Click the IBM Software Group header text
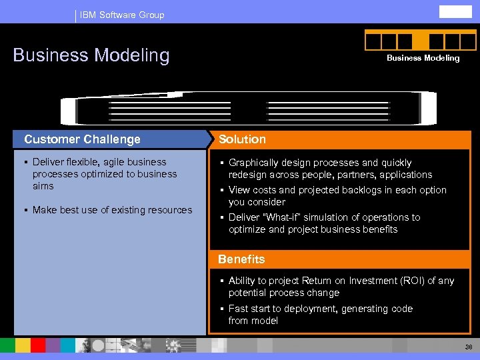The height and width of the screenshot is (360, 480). [121, 15]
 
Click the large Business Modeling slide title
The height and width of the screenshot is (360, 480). [91, 55]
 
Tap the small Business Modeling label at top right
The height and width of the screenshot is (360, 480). [423, 58]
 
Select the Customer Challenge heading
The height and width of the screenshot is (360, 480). [83, 139]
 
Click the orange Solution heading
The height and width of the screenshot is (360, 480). [242, 139]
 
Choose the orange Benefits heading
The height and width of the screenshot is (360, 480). [241, 259]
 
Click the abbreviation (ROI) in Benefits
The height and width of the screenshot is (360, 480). [417, 281]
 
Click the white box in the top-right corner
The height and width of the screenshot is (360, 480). [455, 11]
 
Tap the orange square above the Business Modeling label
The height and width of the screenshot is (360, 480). [421, 41]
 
